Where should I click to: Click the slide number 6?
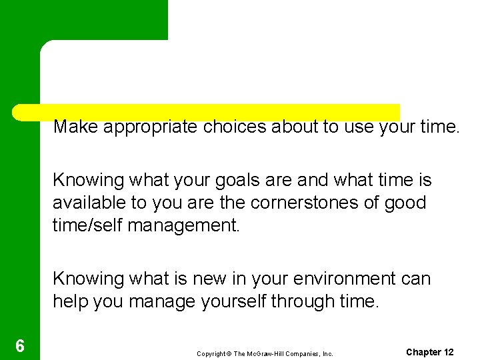tap(20, 346)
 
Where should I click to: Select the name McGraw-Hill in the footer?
tap(264, 353)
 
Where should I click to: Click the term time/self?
tap(87, 224)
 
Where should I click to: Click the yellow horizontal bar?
tap(207, 111)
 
